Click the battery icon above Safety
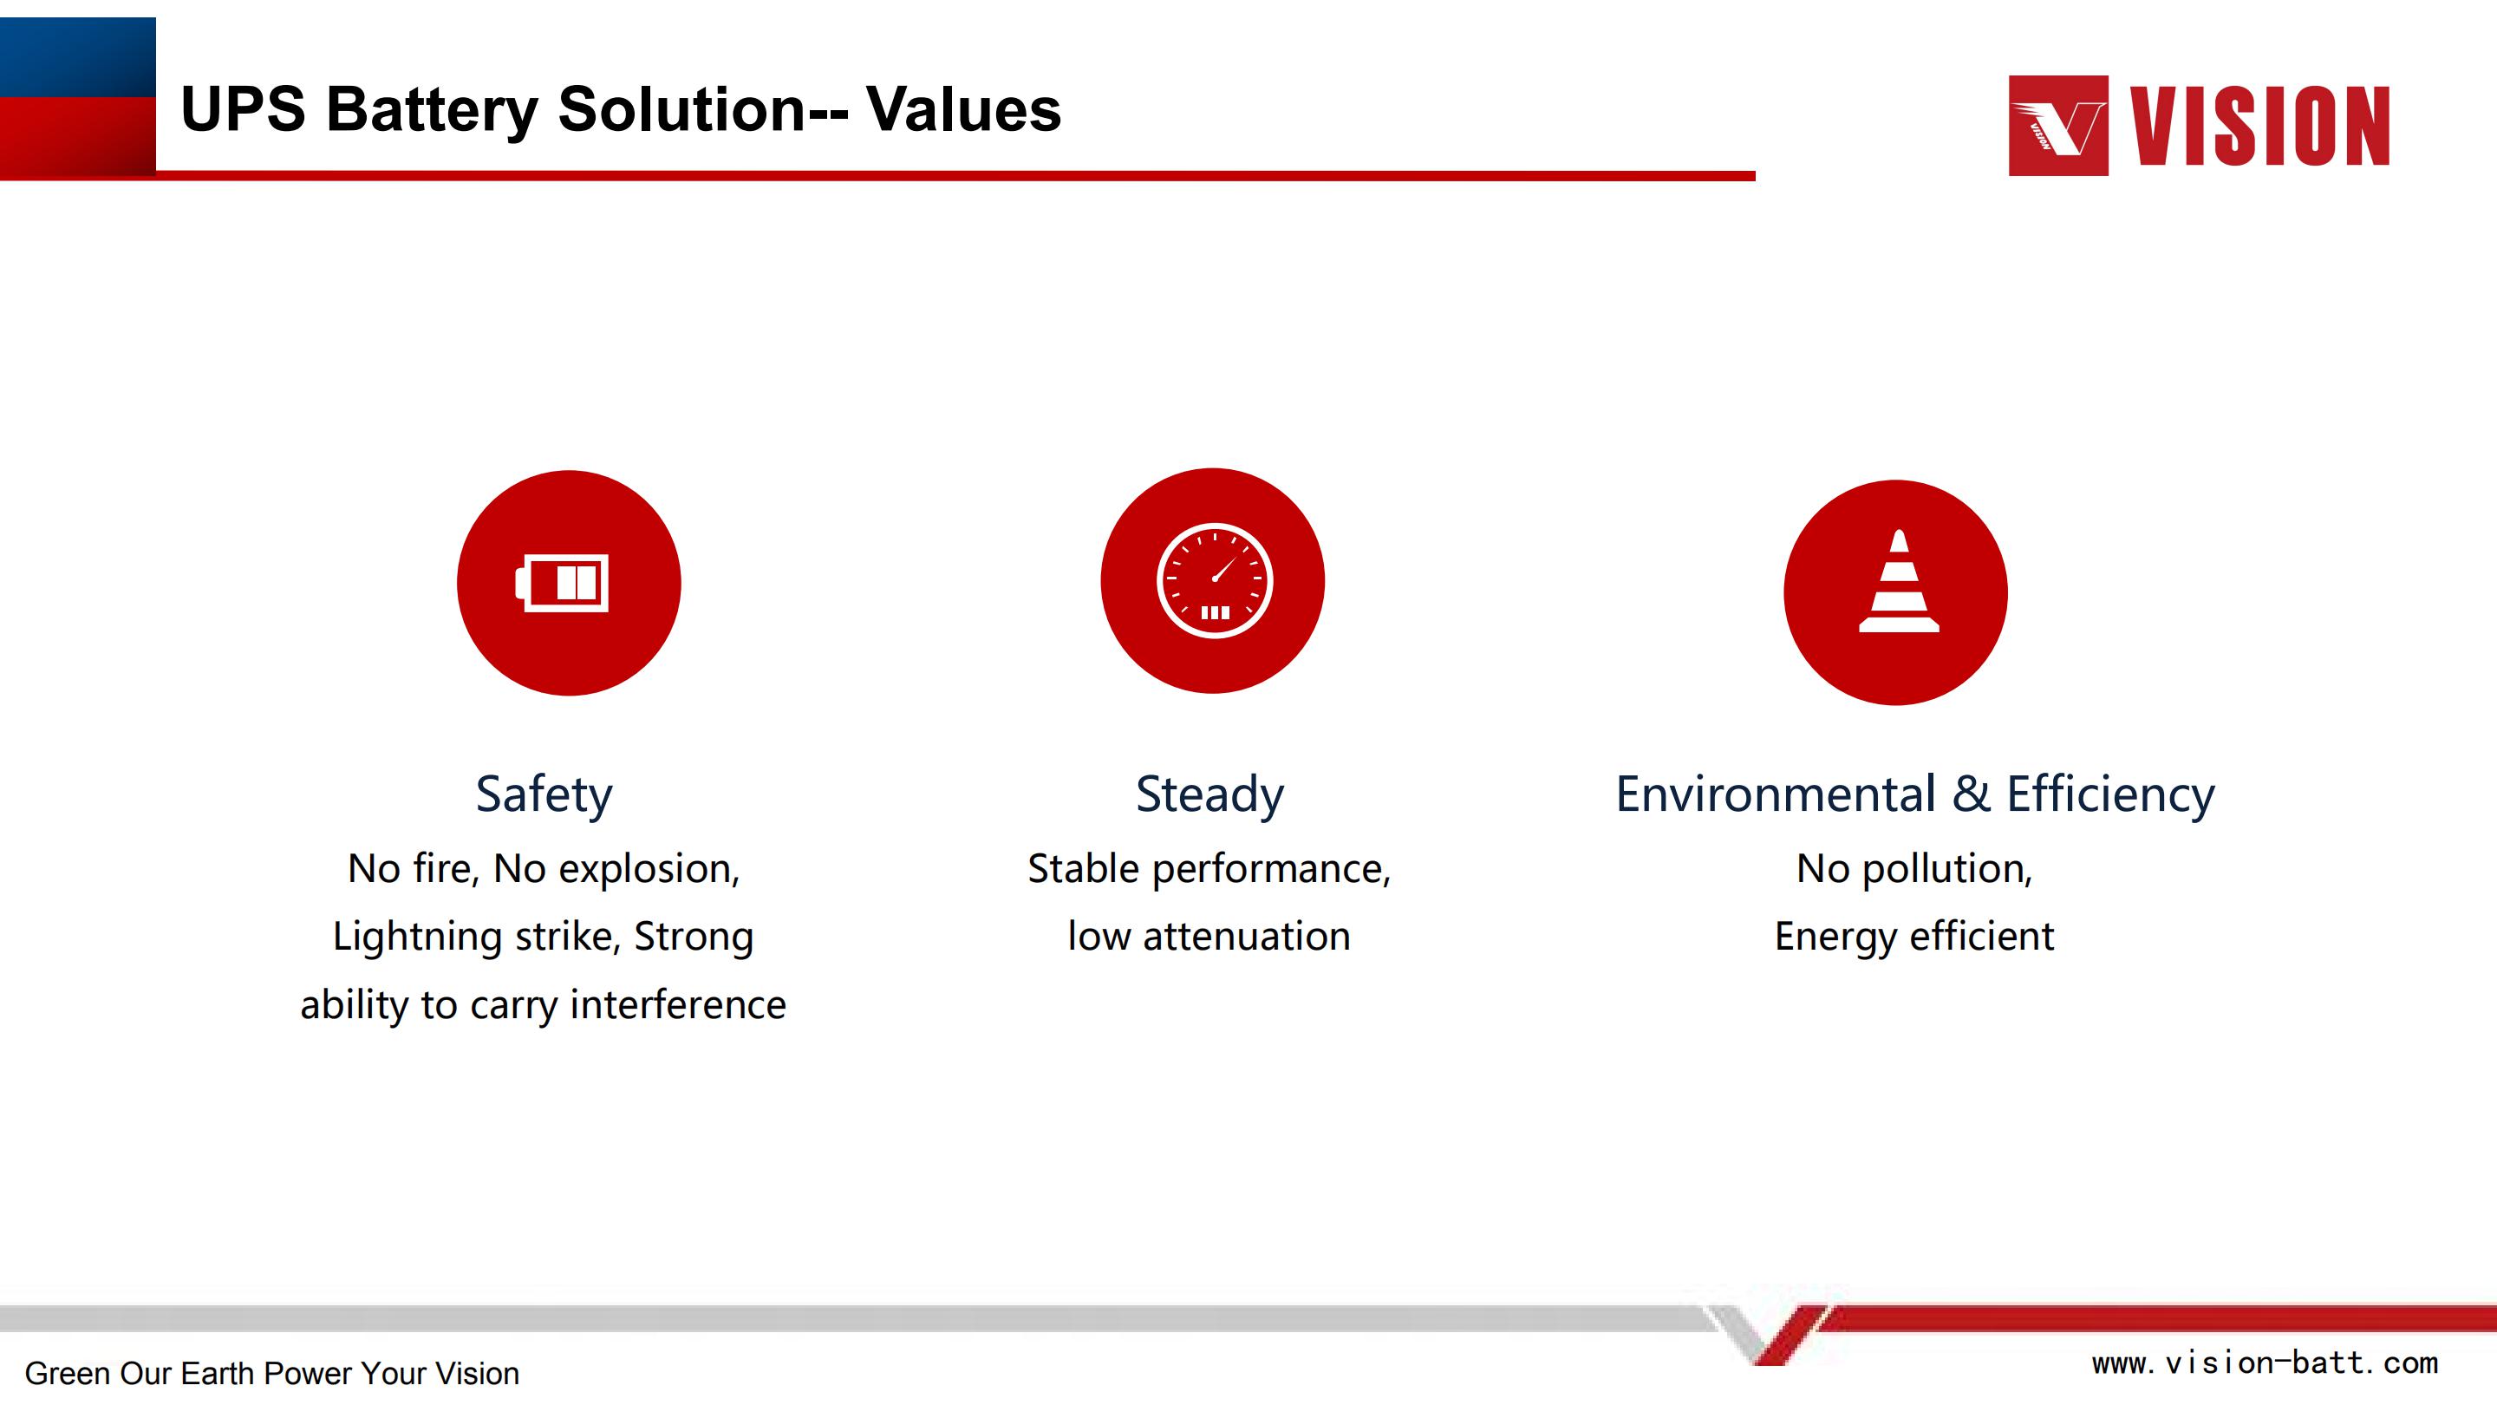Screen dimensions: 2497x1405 click(562, 583)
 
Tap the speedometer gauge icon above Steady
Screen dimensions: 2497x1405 click(1215, 581)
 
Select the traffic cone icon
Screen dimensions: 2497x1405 click(1899, 581)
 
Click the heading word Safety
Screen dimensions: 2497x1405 click(544, 795)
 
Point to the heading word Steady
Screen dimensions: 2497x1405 click(1209, 795)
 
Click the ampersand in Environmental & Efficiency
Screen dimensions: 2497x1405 click(1971, 794)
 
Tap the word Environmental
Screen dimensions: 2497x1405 click(1776, 794)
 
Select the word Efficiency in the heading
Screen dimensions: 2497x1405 click(2110, 795)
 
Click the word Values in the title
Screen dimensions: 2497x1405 click(963, 108)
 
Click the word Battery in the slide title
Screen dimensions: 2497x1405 click(433, 109)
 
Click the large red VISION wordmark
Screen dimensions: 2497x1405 click(2259, 126)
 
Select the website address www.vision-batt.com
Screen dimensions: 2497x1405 click(2265, 1363)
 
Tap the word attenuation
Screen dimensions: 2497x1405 click(1247, 937)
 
